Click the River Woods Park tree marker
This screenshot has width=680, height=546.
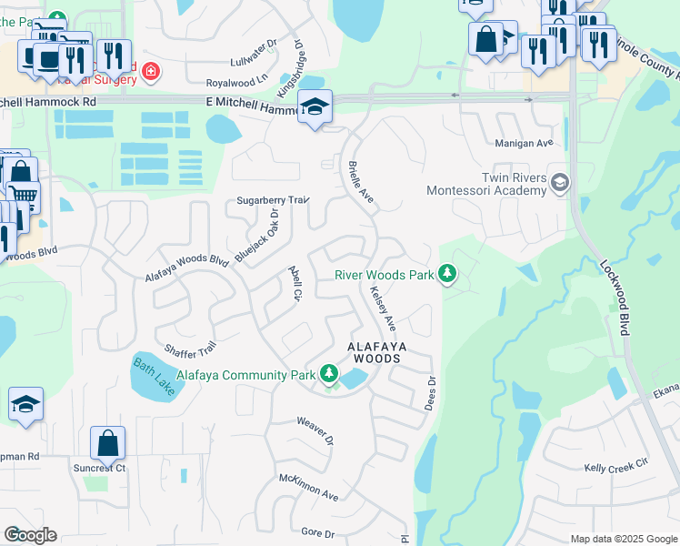pos(446,273)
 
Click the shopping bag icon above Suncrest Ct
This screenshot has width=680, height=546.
pos(107,443)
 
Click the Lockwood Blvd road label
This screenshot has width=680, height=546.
pos(615,297)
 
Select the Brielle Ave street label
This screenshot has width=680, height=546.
pos(361,182)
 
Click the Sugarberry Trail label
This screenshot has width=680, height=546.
pos(274,199)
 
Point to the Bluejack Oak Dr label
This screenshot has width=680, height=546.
pos(256,235)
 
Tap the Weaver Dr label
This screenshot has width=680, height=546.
pos(315,430)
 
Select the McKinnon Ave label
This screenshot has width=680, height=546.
pos(308,486)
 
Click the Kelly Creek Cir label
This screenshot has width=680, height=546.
pos(615,466)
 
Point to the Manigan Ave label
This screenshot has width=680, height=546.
pos(524,144)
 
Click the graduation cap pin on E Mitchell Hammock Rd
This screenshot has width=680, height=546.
pos(315,107)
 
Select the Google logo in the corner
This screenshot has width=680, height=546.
pos(30,535)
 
